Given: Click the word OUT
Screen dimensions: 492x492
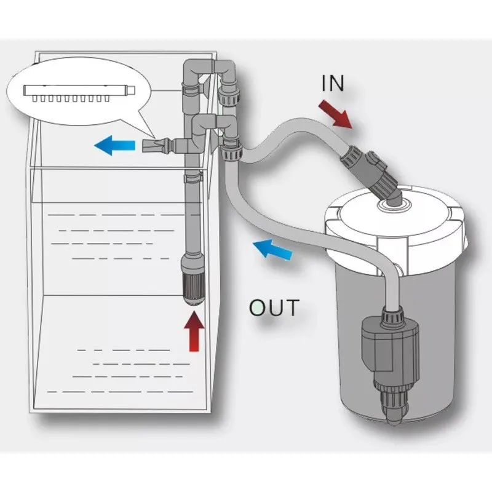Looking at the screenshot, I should pos(274,306).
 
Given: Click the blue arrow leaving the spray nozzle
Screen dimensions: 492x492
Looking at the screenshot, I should pos(114,146).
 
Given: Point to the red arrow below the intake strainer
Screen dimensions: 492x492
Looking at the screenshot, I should pos(194,331).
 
